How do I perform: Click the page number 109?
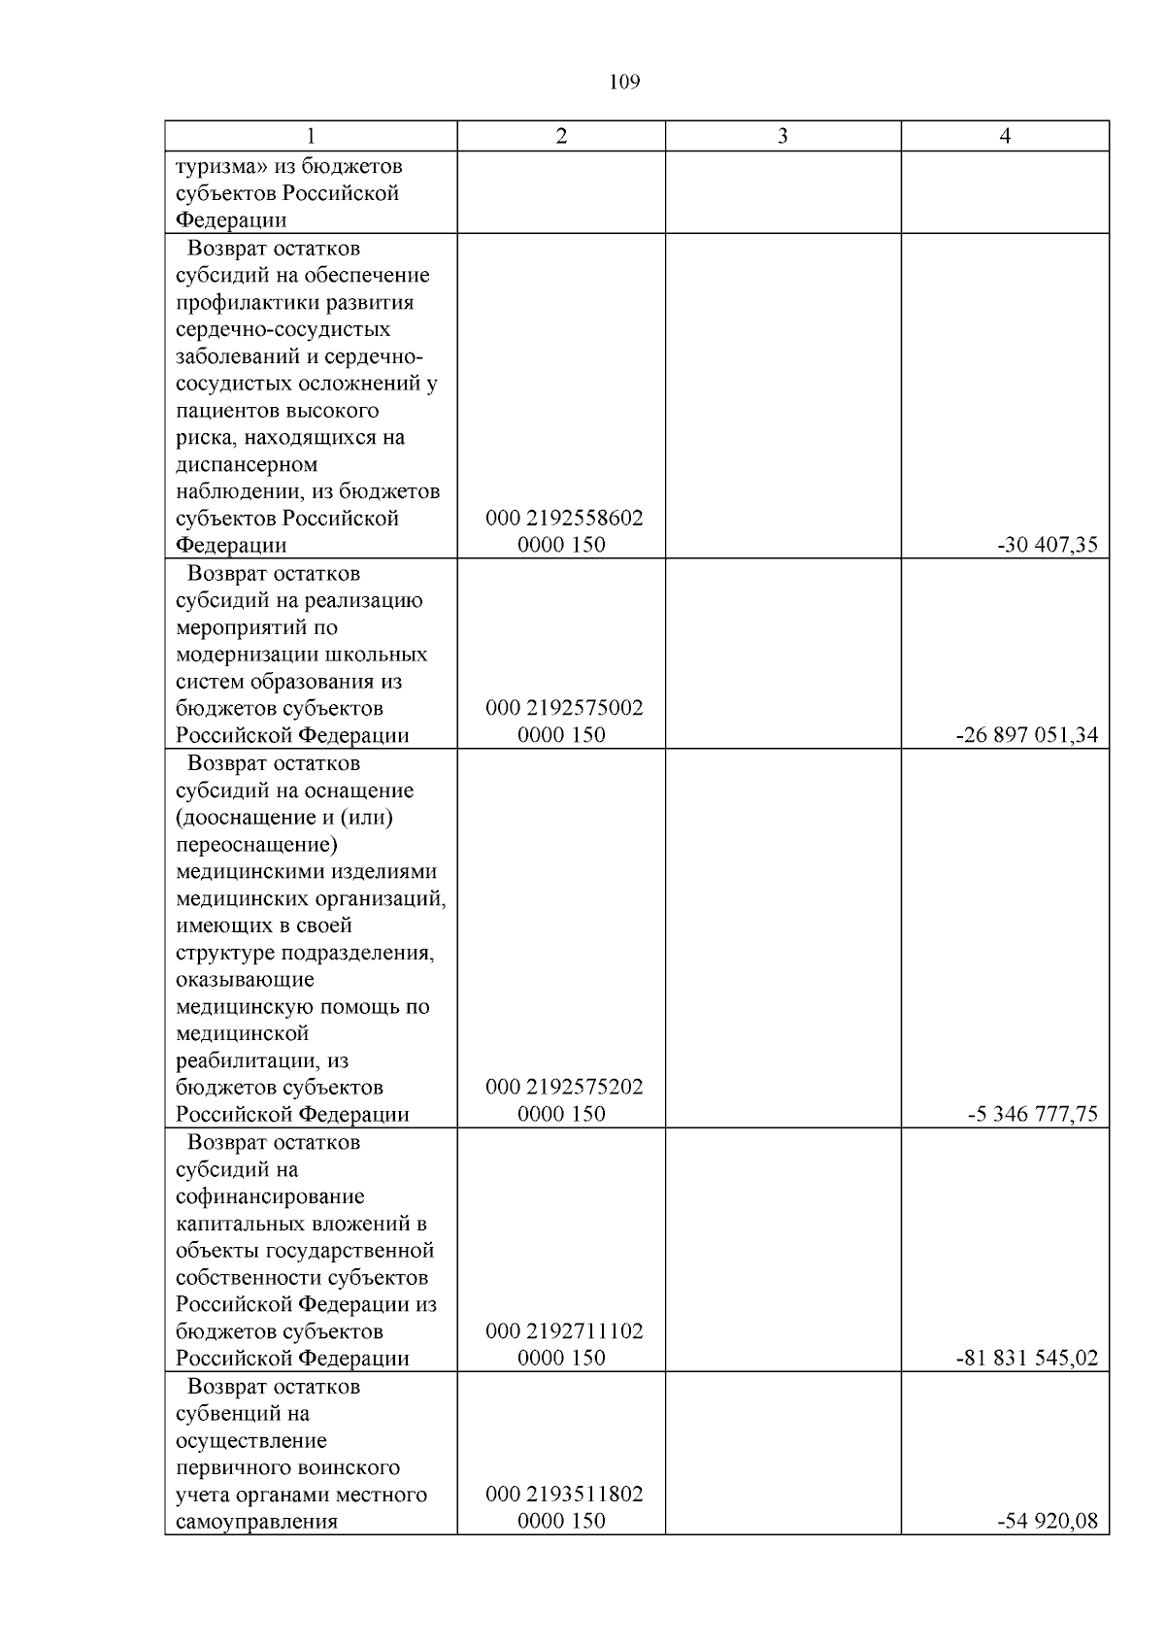(x=624, y=83)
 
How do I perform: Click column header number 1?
(x=311, y=137)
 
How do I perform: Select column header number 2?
(x=561, y=137)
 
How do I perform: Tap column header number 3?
(x=782, y=137)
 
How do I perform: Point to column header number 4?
(x=1005, y=137)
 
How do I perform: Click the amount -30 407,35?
(x=1048, y=546)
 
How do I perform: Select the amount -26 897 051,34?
(x=1027, y=736)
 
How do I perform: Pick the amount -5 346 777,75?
(x=1033, y=1115)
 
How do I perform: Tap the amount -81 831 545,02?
(x=1027, y=1359)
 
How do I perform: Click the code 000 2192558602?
(x=564, y=519)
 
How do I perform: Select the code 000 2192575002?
(x=564, y=709)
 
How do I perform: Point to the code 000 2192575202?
(x=564, y=1088)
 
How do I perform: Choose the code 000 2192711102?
(x=564, y=1331)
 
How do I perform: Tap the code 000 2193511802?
(x=564, y=1495)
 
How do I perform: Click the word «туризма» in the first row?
(x=221, y=166)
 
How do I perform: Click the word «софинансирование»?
(x=270, y=1196)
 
